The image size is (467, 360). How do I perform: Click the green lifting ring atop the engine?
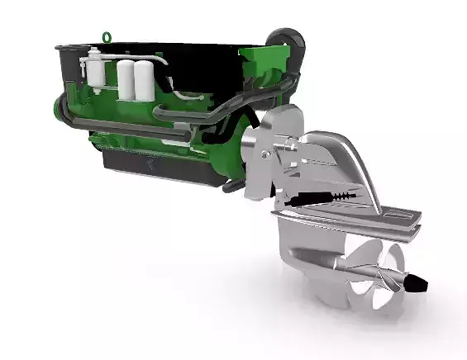[x=107, y=36]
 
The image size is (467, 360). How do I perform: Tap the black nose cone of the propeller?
[x=420, y=285]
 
